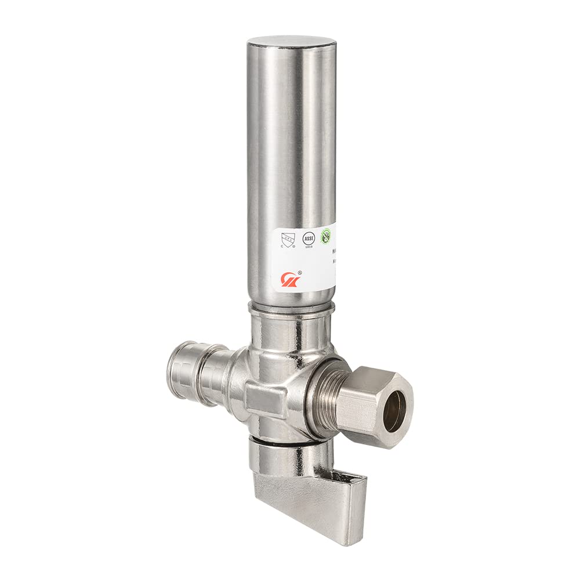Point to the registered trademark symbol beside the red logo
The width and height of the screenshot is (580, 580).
click(x=299, y=271)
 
